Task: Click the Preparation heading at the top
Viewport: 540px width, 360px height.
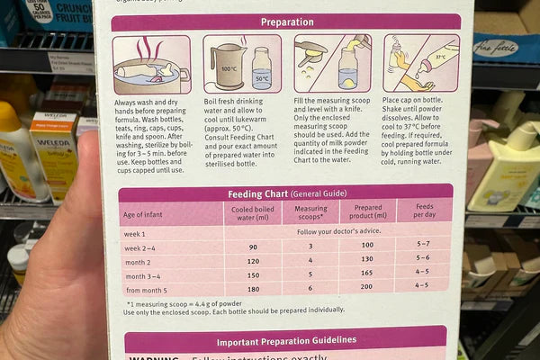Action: click(285, 22)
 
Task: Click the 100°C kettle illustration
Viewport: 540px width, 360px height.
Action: click(224, 67)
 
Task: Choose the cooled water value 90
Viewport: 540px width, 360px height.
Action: click(251, 245)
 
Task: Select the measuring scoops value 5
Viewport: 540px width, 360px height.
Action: click(310, 274)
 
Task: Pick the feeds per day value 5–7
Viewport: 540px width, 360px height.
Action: click(423, 245)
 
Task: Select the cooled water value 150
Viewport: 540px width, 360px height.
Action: click(251, 274)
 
